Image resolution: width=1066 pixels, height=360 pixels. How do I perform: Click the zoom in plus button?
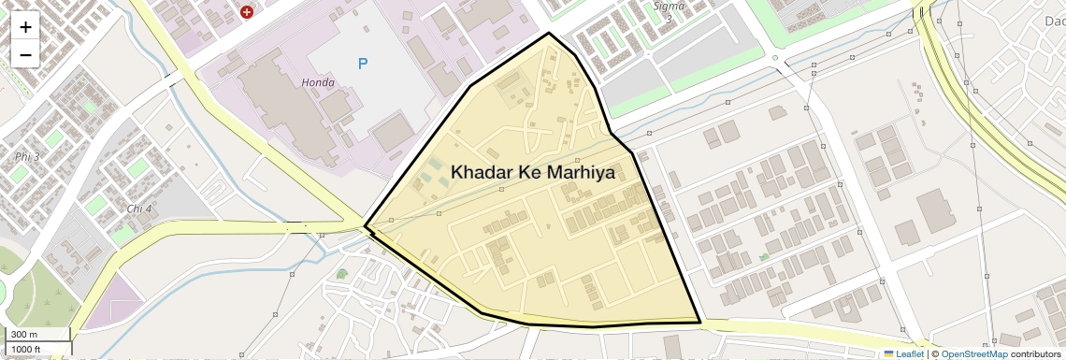point(25,26)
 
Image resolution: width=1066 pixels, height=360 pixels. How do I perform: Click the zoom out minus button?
point(25,54)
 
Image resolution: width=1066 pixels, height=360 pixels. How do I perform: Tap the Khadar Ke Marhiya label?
point(532,172)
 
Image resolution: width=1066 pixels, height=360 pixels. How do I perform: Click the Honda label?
point(318,82)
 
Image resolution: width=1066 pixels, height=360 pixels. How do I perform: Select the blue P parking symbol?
point(363,64)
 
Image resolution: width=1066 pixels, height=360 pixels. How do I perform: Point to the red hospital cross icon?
point(247,12)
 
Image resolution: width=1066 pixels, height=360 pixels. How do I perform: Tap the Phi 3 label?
point(27,156)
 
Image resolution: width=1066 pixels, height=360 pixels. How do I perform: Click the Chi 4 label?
point(138,208)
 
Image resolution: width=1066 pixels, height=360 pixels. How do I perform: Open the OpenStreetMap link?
point(973,354)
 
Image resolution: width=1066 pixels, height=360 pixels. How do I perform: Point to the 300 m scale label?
point(24,335)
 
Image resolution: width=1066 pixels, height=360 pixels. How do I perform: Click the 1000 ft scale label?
point(26,350)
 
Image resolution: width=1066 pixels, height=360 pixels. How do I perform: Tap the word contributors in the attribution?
point(1035,354)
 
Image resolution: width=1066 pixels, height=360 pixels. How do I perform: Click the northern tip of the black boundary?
point(549,34)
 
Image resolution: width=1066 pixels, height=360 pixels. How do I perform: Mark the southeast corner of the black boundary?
point(700,323)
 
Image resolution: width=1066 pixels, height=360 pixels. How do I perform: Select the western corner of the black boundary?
point(365,226)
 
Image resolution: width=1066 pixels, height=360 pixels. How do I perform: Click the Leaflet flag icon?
point(889,354)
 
